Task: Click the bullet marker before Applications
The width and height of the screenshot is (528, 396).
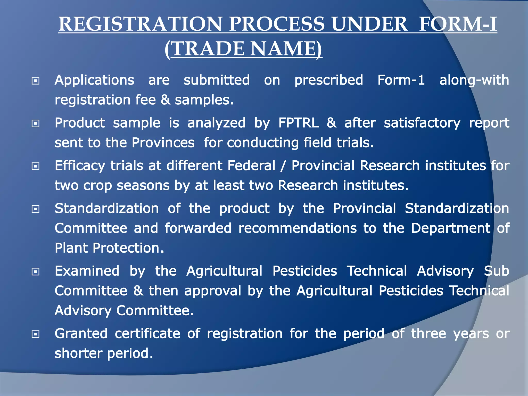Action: pyautogui.click(x=35, y=81)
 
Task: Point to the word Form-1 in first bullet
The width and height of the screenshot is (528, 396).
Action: pyautogui.click(x=401, y=80)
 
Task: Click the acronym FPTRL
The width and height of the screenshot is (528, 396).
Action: pyautogui.click(x=299, y=123)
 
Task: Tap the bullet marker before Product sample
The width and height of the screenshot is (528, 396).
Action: pyautogui.click(x=35, y=123)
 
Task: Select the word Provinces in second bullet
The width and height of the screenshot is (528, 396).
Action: pyautogui.click(x=163, y=143)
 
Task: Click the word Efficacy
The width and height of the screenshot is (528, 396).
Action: pyautogui.click(x=80, y=166)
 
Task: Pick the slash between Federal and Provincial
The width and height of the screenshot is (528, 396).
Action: pyautogui.click(x=283, y=166)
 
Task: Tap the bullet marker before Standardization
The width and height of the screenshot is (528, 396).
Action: pyautogui.click(x=35, y=209)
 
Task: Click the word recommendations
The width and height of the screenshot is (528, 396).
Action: pyautogui.click(x=298, y=228)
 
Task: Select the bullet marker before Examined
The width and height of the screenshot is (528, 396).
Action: pyautogui.click(x=35, y=271)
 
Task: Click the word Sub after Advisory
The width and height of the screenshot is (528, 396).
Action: pyautogui.click(x=496, y=271)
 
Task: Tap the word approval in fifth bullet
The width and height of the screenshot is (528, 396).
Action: pyautogui.click(x=213, y=291)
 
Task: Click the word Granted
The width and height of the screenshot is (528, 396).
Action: pyautogui.click(x=81, y=334)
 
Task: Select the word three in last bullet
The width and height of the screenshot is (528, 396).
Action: pyautogui.click(x=428, y=334)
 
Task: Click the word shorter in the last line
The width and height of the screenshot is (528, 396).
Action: pyautogui.click(x=78, y=353)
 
